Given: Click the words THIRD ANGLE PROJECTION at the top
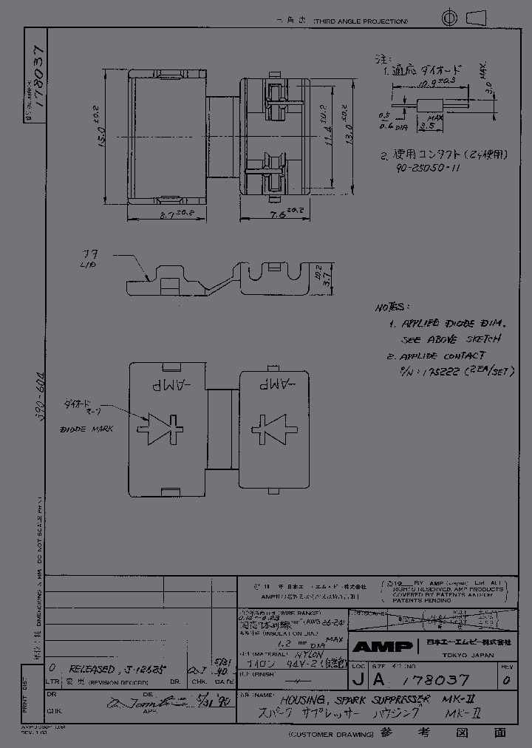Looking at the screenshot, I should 360,22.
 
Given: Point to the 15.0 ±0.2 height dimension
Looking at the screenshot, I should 100,136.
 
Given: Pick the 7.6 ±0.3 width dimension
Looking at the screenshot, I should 284,213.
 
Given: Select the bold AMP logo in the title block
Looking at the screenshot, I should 382,647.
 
